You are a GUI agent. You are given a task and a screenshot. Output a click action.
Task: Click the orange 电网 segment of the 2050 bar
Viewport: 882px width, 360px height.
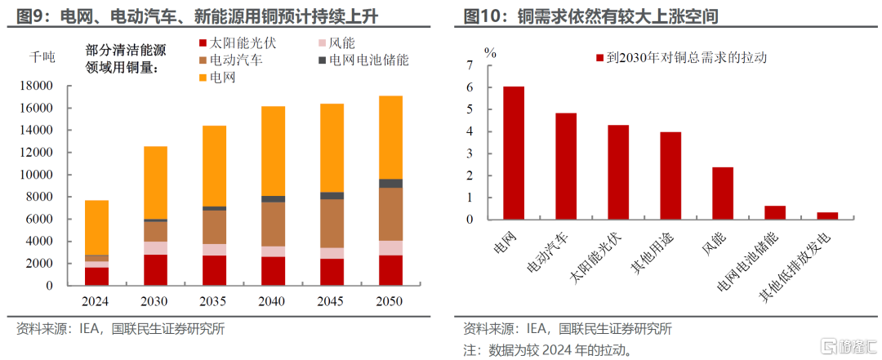coord(390,137)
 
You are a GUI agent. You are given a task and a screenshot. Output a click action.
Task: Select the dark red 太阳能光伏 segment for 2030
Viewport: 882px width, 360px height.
coord(155,270)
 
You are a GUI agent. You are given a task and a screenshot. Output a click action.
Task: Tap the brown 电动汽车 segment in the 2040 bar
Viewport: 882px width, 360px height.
coord(273,224)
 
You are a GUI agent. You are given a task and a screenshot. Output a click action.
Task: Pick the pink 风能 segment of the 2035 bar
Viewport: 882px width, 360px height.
coord(214,250)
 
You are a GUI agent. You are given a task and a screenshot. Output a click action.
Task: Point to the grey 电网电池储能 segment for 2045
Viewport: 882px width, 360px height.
coord(332,196)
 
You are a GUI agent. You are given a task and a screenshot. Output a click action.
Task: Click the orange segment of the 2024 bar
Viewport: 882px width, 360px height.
coord(96,228)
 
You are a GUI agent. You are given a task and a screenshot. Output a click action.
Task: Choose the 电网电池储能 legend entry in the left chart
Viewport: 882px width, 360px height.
coord(363,60)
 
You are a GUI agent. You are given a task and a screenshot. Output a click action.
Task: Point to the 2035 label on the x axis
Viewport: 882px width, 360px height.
coord(214,301)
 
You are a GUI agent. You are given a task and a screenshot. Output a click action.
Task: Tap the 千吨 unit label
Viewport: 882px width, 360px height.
coord(42,57)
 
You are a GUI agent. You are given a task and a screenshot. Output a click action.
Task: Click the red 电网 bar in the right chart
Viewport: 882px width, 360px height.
coord(514,153)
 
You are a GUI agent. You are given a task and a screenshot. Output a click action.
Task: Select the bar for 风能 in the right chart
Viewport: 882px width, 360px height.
coord(722,193)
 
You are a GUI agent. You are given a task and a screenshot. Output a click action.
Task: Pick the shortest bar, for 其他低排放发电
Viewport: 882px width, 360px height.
coord(826,216)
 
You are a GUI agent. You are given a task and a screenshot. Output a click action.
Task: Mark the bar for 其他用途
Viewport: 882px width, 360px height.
coord(670,176)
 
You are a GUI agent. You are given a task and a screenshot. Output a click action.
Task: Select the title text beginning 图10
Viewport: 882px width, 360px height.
coord(591,16)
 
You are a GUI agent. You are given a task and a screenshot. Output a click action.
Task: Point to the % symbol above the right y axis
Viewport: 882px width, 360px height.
coord(491,52)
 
